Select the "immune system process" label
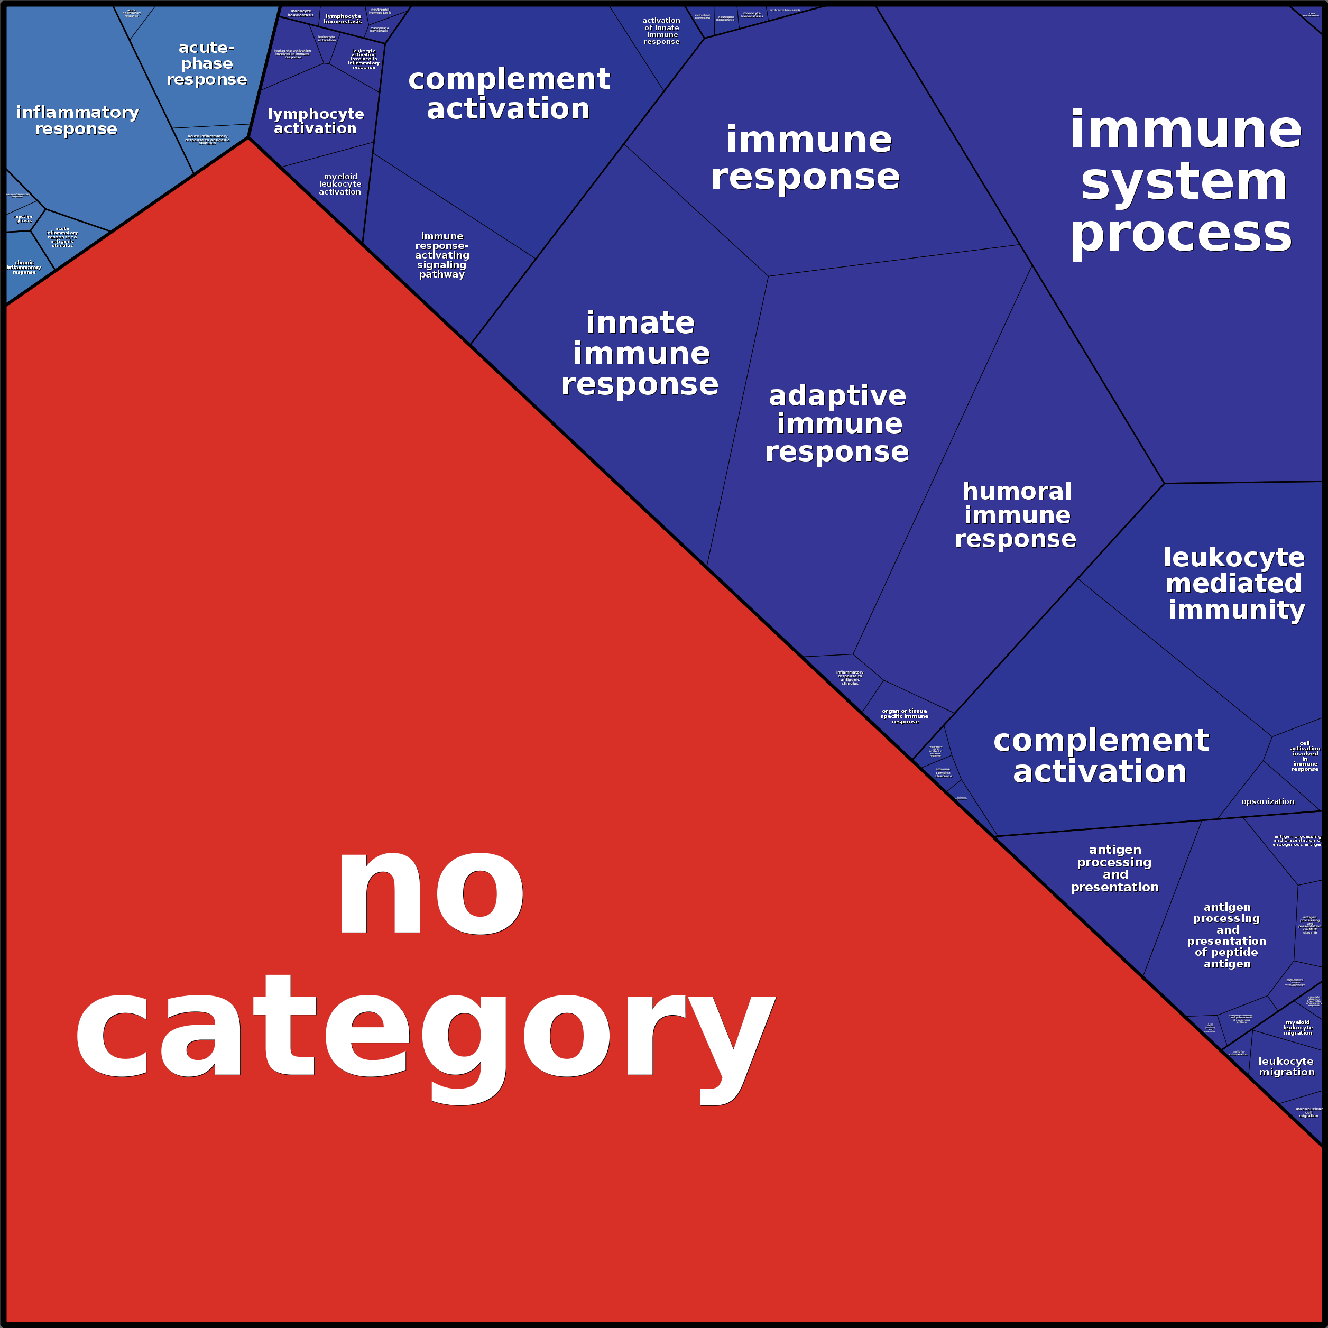click(1184, 182)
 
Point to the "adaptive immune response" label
click(837, 423)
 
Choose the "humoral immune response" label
click(1016, 515)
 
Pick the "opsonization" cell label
click(1268, 801)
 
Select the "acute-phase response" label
click(206, 63)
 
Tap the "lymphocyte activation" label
click(316, 121)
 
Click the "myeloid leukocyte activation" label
click(340, 184)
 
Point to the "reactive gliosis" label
click(23, 218)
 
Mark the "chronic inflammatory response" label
click(24, 268)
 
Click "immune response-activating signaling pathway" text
click(442, 255)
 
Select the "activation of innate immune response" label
click(661, 31)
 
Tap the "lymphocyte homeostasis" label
click(343, 19)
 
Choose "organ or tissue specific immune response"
click(905, 716)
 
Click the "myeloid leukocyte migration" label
click(1298, 1028)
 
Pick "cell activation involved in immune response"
click(1305, 756)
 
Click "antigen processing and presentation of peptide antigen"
click(1227, 936)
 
